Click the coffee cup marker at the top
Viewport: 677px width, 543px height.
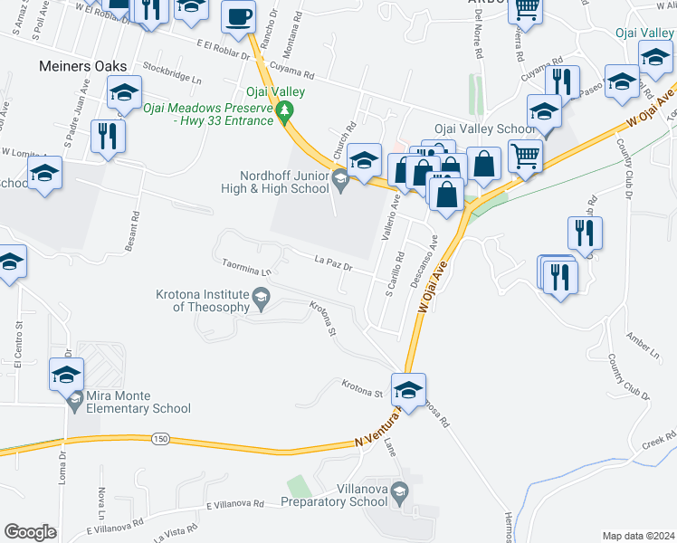pyautogui.click(x=239, y=17)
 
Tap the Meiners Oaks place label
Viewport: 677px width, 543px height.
pyautogui.click(x=82, y=66)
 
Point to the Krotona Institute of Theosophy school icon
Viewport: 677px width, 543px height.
pyautogui.click(x=261, y=297)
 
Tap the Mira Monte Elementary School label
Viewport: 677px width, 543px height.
pyautogui.click(x=138, y=402)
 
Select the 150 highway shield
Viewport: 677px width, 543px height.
pyautogui.click(x=160, y=439)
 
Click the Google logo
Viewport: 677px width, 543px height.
pyautogui.click(x=31, y=532)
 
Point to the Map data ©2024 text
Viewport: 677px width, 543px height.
pyautogui.click(x=638, y=536)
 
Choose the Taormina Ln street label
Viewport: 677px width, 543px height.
pyautogui.click(x=247, y=268)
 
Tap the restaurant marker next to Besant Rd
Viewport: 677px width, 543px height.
pyautogui.click(x=108, y=136)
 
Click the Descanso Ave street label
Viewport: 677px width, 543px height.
pyautogui.click(x=428, y=261)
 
